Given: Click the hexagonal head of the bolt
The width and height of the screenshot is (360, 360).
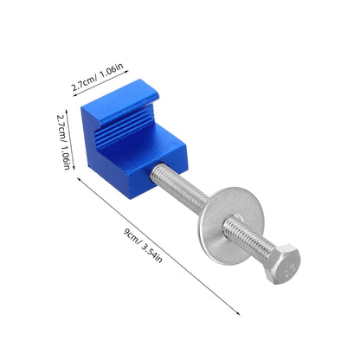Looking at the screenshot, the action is point(282,264).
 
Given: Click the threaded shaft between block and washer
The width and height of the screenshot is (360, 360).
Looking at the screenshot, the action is point(179,185).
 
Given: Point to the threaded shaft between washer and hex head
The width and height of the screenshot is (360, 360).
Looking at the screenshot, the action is point(247,236).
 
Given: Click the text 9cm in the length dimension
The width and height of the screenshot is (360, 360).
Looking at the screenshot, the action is point(131,237).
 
